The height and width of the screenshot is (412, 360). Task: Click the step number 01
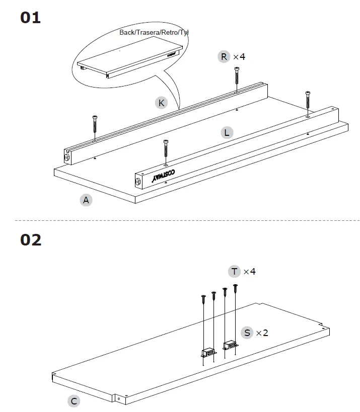tap(30, 18)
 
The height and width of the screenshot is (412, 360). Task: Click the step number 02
tap(31, 240)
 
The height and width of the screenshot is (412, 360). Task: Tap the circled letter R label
tap(224, 56)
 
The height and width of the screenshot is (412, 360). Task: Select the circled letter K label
tap(161, 103)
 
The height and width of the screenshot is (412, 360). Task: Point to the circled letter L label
tap(227, 133)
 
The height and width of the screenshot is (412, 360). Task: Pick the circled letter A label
tap(86, 200)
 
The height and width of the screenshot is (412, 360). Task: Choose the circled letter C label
tap(74, 401)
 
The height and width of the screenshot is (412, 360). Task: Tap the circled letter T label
tap(235, 272)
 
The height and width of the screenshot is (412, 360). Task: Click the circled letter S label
tap(247, 333)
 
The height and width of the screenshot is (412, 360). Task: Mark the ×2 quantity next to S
tap(262, 333)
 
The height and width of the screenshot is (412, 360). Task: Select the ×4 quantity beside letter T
tap(250, 272)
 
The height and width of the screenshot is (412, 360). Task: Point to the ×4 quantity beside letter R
tap(239, 56)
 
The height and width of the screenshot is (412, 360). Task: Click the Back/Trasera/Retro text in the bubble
tap(154, 32)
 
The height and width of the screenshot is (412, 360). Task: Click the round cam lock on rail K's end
tap(67, 157)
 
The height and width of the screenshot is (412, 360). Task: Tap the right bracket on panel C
tap(231, 346)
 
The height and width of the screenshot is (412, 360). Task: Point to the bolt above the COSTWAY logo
tap(166, 151)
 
